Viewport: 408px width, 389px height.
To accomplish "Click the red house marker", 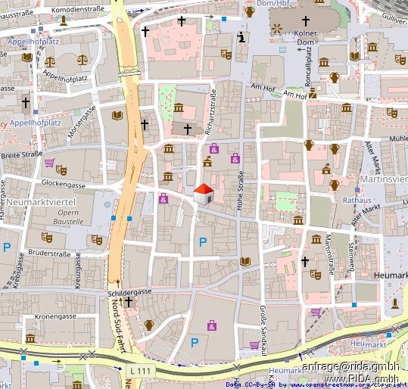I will click(x=203, y=194).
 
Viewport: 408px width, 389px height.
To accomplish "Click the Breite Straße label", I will click(x=23, y=155).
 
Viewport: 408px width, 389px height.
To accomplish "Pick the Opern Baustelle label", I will click(x=70, y=217).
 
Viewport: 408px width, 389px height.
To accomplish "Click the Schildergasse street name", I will click(x=131, y=291).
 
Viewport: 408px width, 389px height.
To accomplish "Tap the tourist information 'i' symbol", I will click(x=241, y=36).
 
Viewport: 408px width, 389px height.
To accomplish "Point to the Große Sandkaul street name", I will click(x=263, y=330).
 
